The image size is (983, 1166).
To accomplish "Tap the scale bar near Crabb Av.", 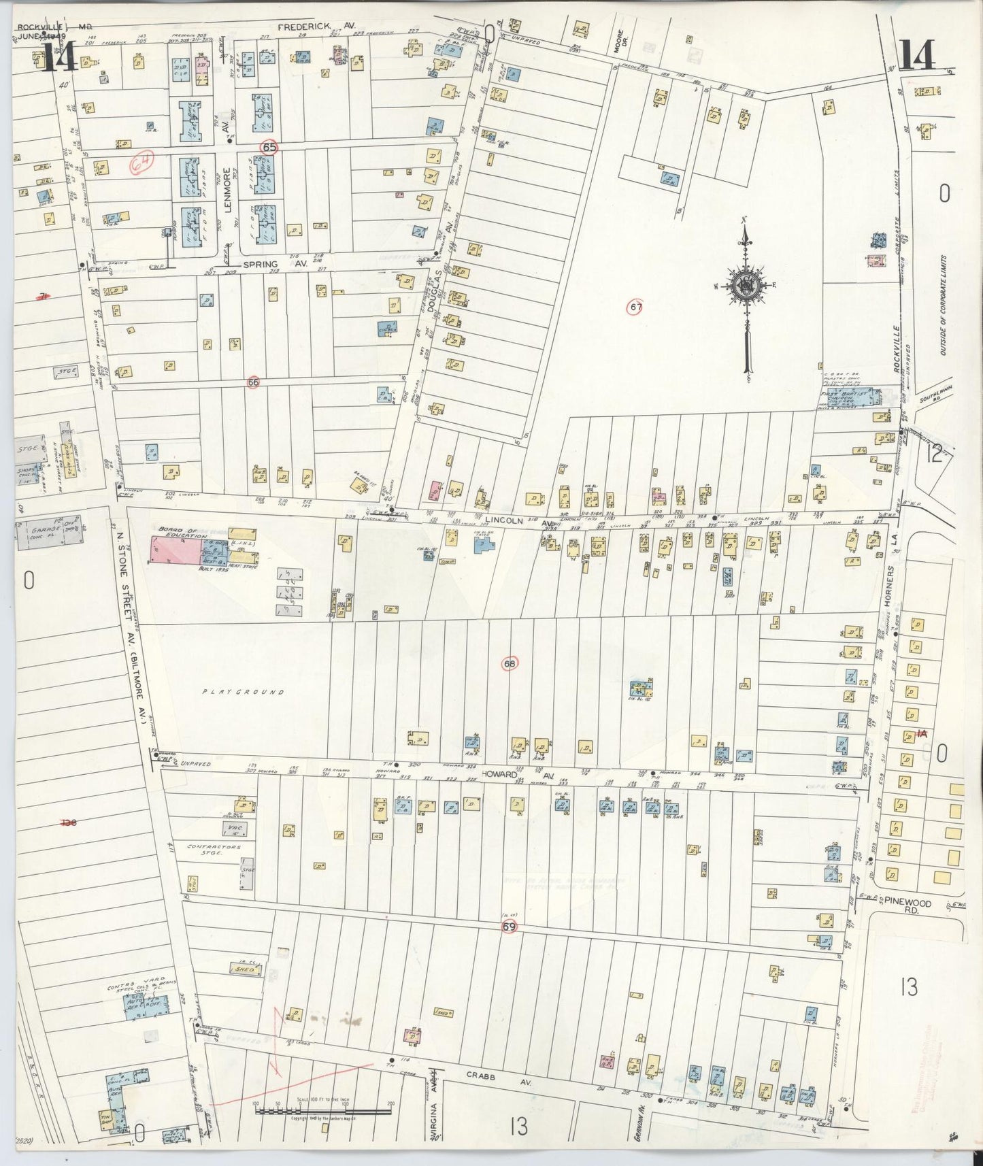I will [322, 1110].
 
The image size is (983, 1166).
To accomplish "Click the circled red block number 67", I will [635, 307].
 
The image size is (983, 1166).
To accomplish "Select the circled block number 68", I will [510, 663].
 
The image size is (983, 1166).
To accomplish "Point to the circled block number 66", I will [254, 382].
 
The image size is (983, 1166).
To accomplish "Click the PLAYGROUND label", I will [242, 692].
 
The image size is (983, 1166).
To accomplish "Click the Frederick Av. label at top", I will [317, 27].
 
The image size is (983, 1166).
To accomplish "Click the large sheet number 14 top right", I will [918, 56].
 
